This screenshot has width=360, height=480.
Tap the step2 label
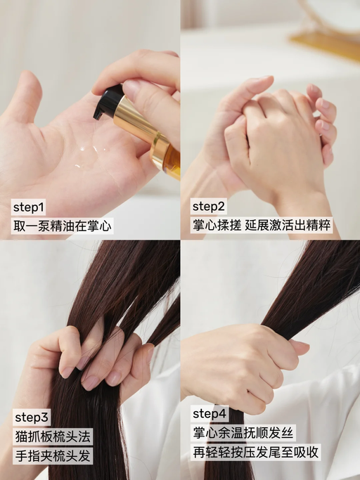(x=209, y=207)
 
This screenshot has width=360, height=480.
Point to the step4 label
(x=210, y=413)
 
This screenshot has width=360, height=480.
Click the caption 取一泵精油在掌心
(x=63, y=226)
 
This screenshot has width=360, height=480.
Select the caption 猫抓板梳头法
(x=53, y=436)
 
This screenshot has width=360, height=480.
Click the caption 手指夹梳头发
(x=53, y=455)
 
